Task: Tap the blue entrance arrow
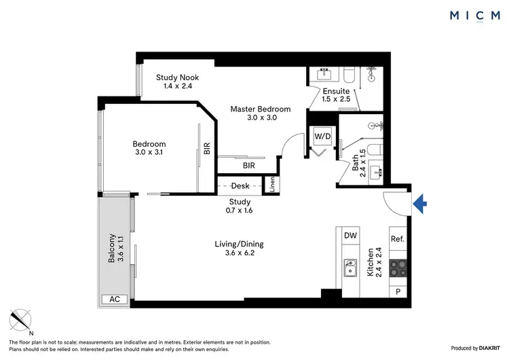[x=419, y=201]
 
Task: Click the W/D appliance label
[x=322, y=137]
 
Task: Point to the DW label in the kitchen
[x=350, y=236]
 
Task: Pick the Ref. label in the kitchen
[x=398, y=239]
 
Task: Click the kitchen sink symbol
[x=350, y=268]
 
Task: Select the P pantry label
[x=398, y=291]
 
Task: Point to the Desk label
[x=240, y=185]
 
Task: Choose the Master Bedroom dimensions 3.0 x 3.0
[x=260, y=118]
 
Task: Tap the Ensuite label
[x=336, y=91]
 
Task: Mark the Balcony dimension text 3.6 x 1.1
[x=122, y=249]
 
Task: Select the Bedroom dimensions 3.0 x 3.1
[x=149, y=153]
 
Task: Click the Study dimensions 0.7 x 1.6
[x=240, y=211]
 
